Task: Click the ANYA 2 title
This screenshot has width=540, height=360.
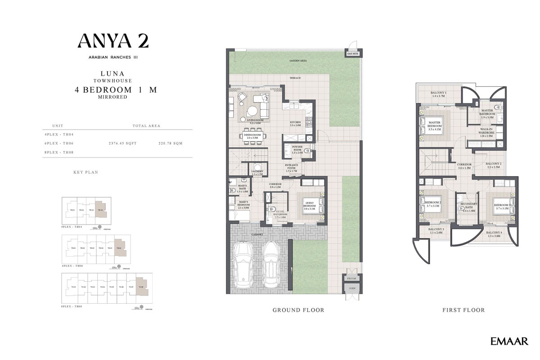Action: click(113, 41)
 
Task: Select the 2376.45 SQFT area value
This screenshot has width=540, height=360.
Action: click(122, 143)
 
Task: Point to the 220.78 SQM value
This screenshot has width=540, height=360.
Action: click(171, 143)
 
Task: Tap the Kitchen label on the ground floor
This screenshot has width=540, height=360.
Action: click(295, 123)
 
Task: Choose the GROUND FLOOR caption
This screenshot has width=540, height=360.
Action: click(298, 310)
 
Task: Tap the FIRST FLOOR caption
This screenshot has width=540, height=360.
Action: click(463, 310)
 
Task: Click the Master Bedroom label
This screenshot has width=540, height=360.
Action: click(434, 125)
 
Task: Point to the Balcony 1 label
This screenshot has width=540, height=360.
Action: click(439, 94)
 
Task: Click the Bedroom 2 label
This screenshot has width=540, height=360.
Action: click(433, 204)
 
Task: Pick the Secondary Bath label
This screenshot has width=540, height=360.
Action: click(469, 206)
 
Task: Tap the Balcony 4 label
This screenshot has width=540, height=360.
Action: click(494, 234)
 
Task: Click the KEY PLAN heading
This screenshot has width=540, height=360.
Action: click(85, 172)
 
